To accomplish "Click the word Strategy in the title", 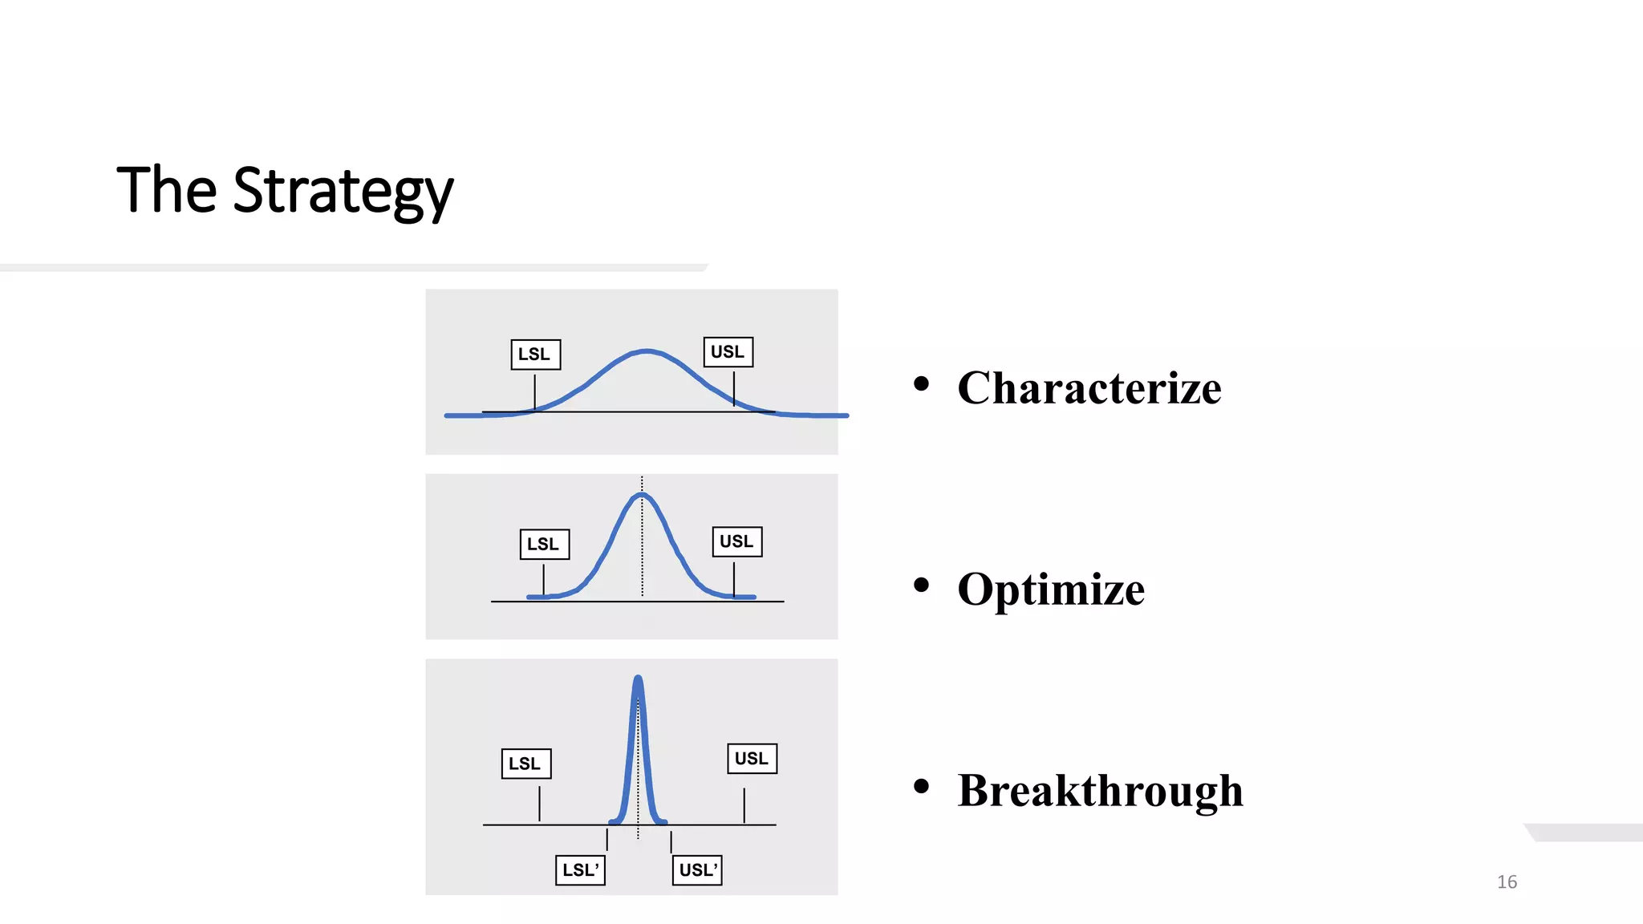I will [343, 191].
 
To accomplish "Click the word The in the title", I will [167, 191].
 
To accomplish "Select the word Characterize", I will [1089, 388].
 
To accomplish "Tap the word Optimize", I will [1051, 590].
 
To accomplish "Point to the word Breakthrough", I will [1100, 791].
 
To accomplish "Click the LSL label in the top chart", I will [535, 355].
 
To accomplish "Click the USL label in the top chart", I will [728, 352].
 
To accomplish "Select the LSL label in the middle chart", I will [544, 545].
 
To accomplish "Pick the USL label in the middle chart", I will [736, 542].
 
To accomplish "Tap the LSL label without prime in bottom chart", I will [525, 764].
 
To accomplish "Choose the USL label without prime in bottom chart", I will [752, 759].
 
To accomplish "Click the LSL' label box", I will [580, 870].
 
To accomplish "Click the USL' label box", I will [697, 870].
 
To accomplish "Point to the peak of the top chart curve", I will [647, 351].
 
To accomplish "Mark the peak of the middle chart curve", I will [642, 495].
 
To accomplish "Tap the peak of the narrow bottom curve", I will [638, 679].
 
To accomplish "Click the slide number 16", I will [1507, 882].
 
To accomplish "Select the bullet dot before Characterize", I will [921, 384].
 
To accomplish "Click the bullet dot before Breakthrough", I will [921, 787].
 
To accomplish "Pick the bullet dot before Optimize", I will [921, 586].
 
